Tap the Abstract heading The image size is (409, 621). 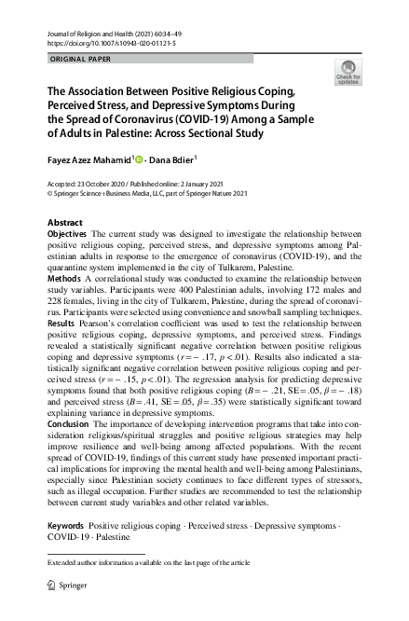click(x=64, y=224)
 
